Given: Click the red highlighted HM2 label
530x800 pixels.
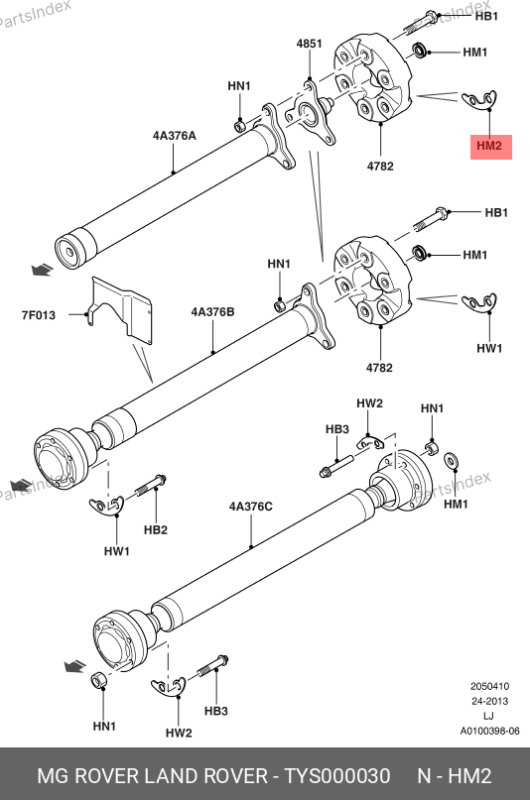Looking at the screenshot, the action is coord(490,146).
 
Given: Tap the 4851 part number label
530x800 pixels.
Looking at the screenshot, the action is coord(310,44).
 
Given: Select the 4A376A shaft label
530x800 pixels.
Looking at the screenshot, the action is coord(174,136).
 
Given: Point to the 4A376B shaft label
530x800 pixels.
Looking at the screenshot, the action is coord(213,311).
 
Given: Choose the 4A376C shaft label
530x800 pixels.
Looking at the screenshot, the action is coord(251,507).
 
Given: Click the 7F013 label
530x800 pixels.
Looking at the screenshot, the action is coord(39,315).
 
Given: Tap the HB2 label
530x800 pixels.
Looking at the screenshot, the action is coord(156,530).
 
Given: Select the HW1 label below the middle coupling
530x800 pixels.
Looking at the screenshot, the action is coord(489,349).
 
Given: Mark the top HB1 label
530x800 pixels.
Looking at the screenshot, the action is coord(486,16).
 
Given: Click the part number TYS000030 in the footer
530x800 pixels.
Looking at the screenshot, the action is coord(337,776).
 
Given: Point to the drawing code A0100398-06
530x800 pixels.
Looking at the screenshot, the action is coord(489,732).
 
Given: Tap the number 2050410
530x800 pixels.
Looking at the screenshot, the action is coord(489,686).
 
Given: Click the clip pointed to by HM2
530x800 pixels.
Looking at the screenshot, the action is coord(479,100).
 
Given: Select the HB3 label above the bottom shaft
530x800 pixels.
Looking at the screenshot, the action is coord(337,429).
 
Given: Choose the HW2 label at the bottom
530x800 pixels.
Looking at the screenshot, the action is coord(179,734).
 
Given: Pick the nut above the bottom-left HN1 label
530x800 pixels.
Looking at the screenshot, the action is coord(98,681).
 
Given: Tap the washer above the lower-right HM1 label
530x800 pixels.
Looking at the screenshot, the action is coord(451,461).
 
